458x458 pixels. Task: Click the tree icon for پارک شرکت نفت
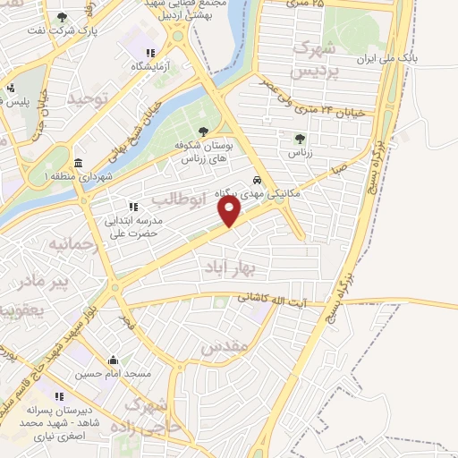pos(62,17)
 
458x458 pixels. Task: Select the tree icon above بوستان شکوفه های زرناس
pos(203,131)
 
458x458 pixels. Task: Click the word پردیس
pos(318,70)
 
